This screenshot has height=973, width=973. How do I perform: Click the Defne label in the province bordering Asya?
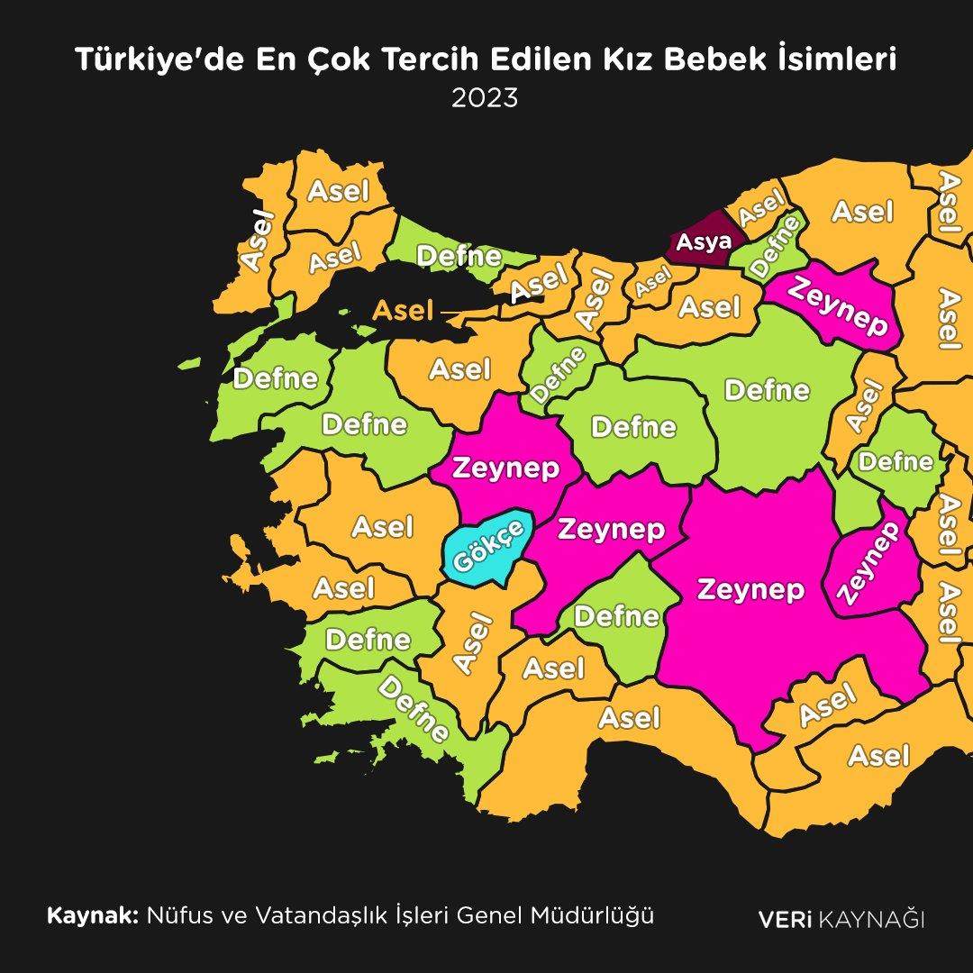(776, 246)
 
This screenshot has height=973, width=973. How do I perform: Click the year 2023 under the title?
(486, 97)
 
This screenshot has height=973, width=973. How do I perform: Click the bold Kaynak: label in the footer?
(93, 916)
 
